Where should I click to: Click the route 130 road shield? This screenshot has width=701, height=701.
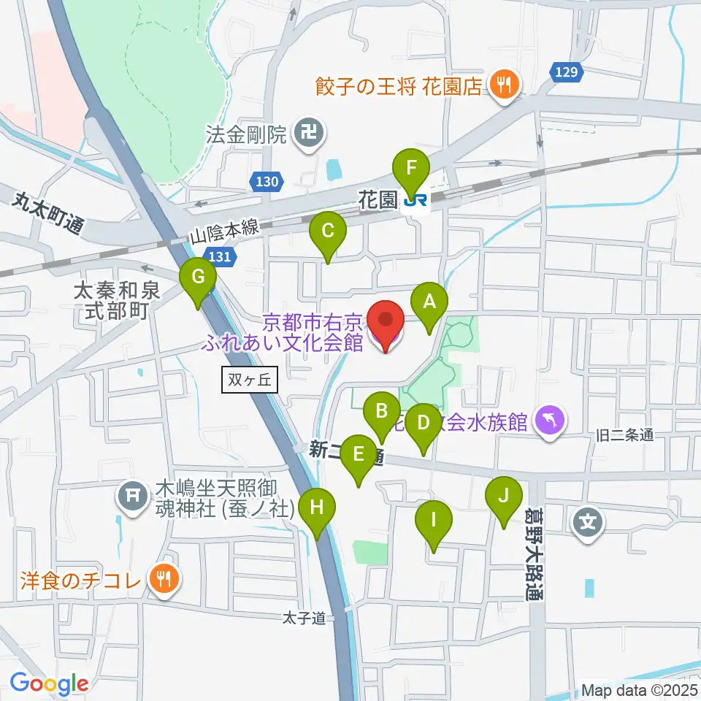[x=268, y=182]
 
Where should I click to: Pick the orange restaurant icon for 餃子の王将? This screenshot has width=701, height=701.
[x=503, y=85]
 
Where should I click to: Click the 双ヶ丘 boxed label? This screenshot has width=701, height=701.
[x=249, y=380]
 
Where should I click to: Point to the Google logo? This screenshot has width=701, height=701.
[x=50, y=683]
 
